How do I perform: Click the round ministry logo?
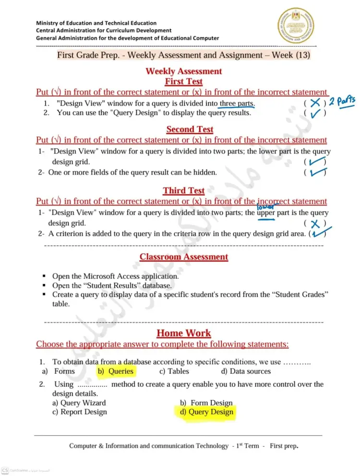pyautogui.click(x=296, y=26)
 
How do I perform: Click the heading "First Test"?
pyautogui.click(x=183, y=82)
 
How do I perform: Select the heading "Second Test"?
pyautogui.click(x=190, y=129)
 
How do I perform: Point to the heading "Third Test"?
pyautogui.click(x=183, y=190)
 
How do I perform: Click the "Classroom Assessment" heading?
pyautogui.click(x=184, y=257)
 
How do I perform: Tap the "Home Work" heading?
pyautogui.click(x=184, y=333)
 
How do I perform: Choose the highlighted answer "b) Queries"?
pyautogui.click(x=116, y=371)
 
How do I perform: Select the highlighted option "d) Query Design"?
pyautogui.click(x=204, y=412)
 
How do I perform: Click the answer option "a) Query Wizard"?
pyautogui.click(x=79, y=403)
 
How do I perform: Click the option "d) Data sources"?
pyautogui.click(x=246, y=371)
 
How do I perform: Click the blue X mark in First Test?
pyautogui.click(x=315, y=103)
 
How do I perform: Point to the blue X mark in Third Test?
pyautogui.click(x=315, y=224)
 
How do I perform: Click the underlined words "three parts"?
pyautogui.click(x=237, y=104)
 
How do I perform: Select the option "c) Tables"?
pyautogui.click(x=174, y=371)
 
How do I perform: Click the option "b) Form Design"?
pyautogui.click(x=206, y=403)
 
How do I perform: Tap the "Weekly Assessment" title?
pyautogui.click(x=183, y=71)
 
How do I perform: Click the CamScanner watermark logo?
pyautogui.click(x=5, y=470)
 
